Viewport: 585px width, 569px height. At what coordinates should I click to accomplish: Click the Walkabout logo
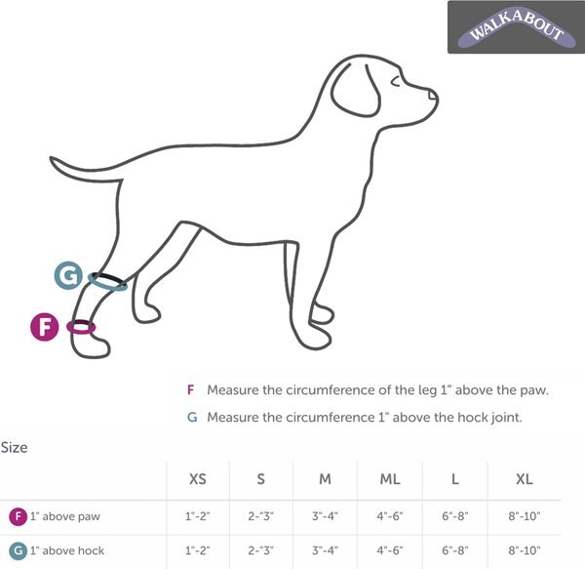coord(517,26)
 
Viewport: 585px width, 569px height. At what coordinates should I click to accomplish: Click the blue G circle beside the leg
coord(67,276)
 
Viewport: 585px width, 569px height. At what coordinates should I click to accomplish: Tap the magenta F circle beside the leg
coord(45,327)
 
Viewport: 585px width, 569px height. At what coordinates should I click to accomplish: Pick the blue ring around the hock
coord(107,281)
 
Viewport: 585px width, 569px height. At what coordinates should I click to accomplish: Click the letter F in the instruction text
coord(190,390)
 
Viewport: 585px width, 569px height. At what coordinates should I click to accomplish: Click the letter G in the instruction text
coord(191,417)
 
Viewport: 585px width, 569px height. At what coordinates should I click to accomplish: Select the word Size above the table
coord(14,448)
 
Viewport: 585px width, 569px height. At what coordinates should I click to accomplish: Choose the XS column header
coord(197,479)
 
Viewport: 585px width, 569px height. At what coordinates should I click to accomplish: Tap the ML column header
coord(389,479)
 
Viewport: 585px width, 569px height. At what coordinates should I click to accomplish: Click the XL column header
coord(524,479)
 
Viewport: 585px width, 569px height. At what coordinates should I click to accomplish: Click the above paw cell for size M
coord(325,515)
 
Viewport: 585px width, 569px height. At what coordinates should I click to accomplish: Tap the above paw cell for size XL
coord(524,515)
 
